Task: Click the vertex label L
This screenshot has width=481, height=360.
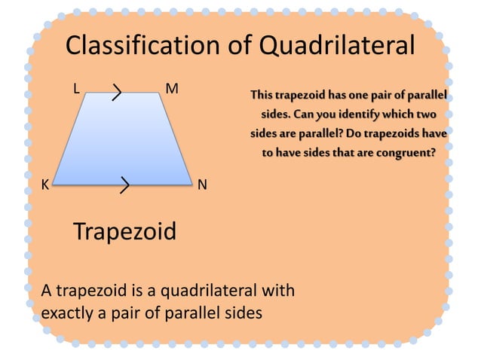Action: [x=75, y=88]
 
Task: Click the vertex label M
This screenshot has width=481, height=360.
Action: [x=172, y=88]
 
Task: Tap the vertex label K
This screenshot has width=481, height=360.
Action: [x=45, y=185]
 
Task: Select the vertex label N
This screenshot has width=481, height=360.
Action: [x=203, y=185]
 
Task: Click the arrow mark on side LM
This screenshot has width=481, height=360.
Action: [x=117, y=93]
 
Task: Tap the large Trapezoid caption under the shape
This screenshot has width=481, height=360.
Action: [x=124, y=231]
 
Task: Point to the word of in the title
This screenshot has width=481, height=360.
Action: [x=240, y=47]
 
